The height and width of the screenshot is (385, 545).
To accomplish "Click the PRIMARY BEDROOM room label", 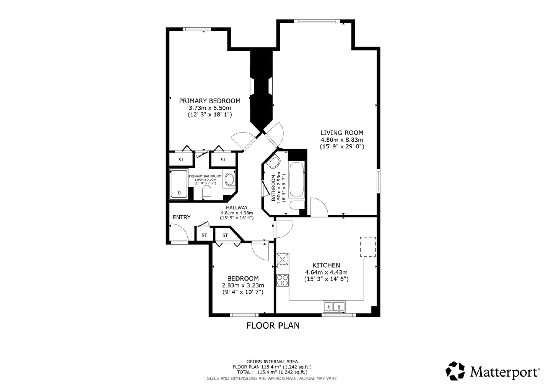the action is click(210, 101).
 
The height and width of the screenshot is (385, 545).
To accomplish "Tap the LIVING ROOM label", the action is click(342, 133).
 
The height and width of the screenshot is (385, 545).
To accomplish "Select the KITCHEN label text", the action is click(326, 265).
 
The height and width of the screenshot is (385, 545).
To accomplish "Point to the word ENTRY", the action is click(181, 217).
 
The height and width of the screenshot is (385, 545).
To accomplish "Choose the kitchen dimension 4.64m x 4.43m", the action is click(326, 272).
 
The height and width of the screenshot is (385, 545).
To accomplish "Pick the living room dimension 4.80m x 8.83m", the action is click(342, 140).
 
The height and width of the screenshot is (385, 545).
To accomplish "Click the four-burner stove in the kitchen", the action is click(283, 280).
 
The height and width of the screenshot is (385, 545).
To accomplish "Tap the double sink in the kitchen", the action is click(334, 307).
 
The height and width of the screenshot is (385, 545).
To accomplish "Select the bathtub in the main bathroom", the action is click(296, 180).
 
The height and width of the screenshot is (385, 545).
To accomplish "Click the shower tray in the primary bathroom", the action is click(179, 184).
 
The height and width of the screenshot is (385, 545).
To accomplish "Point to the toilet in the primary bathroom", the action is click(207, 193).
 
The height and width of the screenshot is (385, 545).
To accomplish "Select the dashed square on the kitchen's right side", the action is click(368, 247).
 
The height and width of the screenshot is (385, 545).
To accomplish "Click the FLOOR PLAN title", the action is click(273, 325).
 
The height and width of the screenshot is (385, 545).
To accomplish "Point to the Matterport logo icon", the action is click(455, 371).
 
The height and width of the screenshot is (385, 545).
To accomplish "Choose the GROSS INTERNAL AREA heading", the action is click(272, 362).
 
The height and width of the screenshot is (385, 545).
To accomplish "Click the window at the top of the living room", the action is click(317, 21).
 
